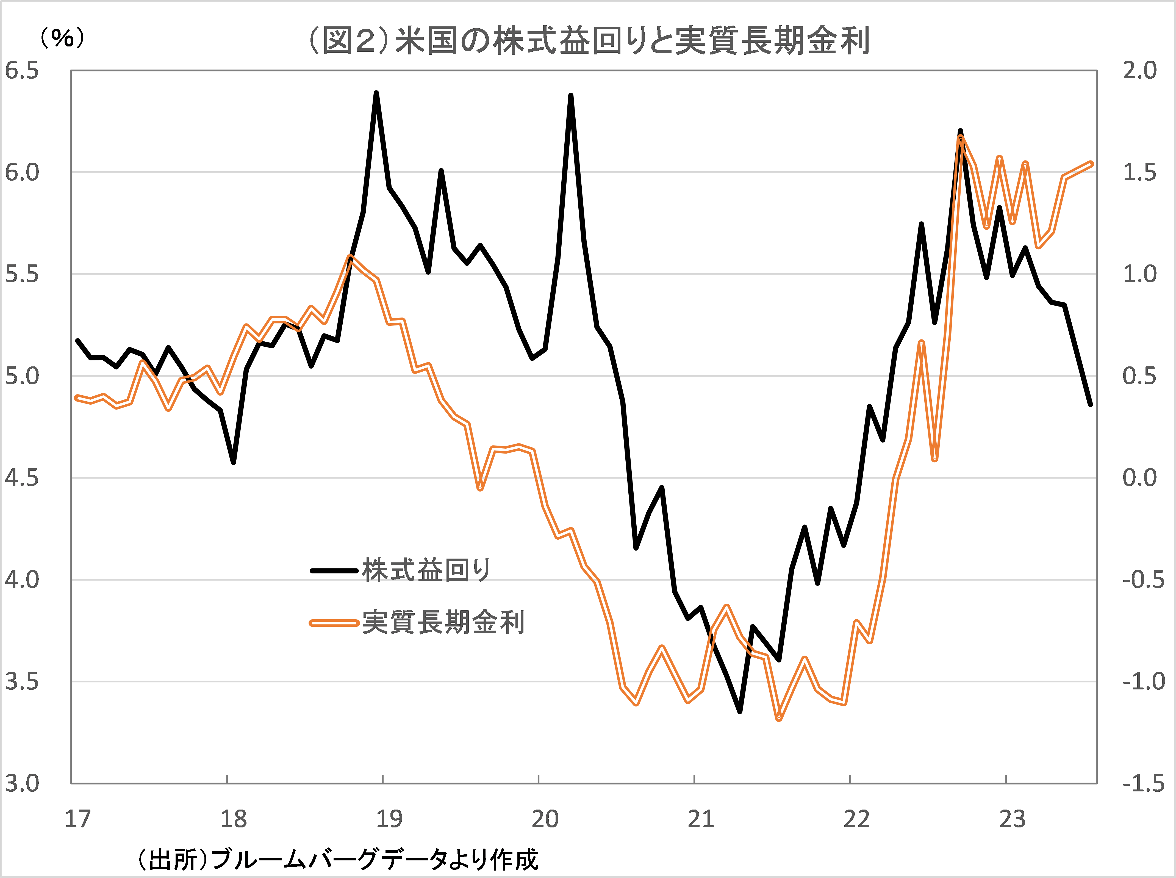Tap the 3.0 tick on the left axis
coord(22,783)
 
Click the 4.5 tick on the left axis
coord(22,478)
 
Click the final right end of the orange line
coord(1091,164)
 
